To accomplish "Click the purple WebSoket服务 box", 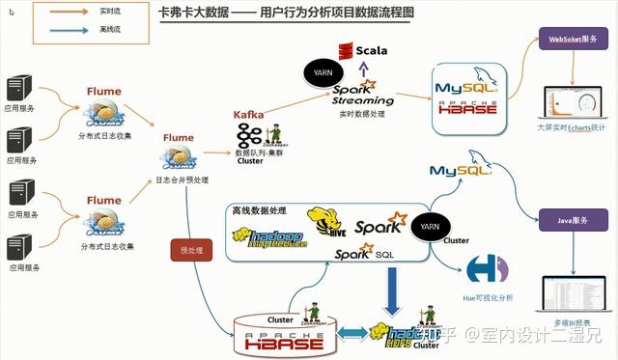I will (571, 41).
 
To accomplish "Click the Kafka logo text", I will (249, 115).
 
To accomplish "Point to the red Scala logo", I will (366, 49).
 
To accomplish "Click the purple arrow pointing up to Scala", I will (362, 67).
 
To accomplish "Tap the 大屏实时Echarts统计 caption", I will (572, 125).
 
